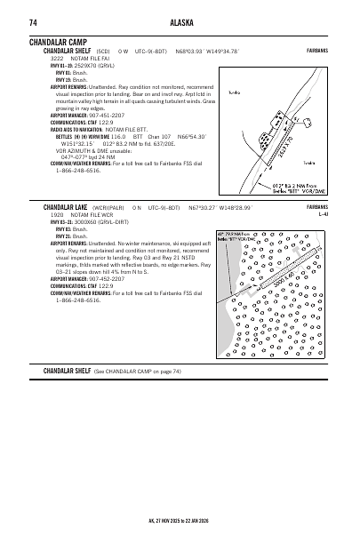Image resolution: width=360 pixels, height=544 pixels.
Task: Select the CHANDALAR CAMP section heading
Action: coord(60,42)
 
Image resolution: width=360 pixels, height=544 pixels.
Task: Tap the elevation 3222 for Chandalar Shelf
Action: coord(57,58)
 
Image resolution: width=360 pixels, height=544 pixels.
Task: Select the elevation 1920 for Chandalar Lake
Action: coord(57,214)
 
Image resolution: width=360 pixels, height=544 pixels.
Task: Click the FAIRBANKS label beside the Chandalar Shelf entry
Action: coord(316,51)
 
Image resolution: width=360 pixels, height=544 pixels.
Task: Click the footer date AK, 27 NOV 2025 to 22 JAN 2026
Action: coord(180,520)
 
